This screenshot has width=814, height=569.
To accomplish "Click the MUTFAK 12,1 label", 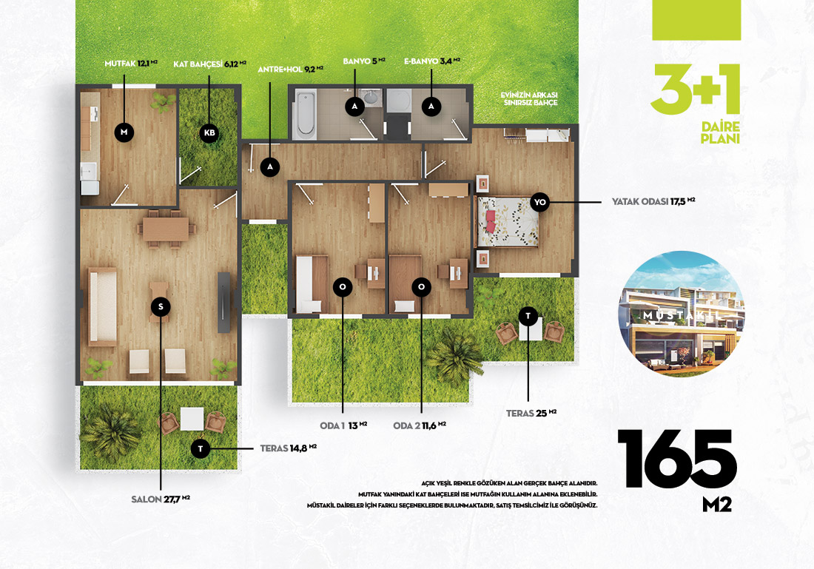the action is coord(131,64).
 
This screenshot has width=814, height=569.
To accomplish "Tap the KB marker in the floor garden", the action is coord(209,133).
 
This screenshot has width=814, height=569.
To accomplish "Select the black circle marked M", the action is coord(124,132).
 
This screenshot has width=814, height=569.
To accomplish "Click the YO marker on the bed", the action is coord(540,202).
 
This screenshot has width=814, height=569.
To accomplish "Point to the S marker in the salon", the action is coord(161,306).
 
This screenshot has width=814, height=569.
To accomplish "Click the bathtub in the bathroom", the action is coord(305,115).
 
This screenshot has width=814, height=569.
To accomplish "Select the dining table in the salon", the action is coord(166,229).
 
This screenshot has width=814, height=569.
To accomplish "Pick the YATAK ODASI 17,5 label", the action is coord(653,201).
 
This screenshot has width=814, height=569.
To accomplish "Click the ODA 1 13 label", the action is coord(343,425).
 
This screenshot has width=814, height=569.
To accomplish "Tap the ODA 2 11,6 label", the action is coord(420,425).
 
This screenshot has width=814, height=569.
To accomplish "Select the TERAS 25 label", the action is coord(531,414).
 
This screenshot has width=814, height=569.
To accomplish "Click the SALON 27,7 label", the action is coord(161,499).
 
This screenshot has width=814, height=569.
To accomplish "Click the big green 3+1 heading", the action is coord(695,89).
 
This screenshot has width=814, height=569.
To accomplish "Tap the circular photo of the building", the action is coord(682,314).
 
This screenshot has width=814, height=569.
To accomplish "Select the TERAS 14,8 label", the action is coord(288,448).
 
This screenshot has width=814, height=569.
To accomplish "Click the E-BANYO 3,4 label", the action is coord(432,61).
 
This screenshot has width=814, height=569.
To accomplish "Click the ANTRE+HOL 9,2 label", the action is coord(290,69).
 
